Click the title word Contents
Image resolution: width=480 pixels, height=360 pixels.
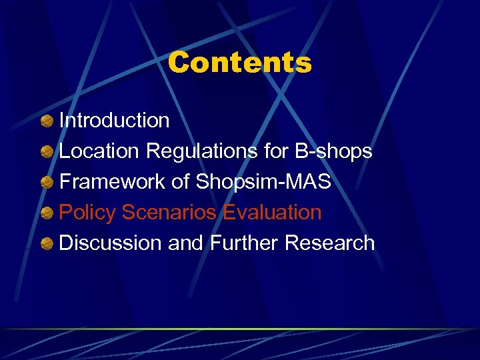tap(239, 63)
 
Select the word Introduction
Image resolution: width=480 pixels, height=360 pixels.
tap(115, 121)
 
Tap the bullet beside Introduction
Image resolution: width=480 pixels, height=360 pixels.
tap(47, 121)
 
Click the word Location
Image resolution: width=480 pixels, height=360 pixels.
tap(100, 151)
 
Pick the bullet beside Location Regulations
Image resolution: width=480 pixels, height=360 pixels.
tap(47, 152)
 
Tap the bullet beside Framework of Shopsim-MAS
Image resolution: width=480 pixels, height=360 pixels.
tap(47, 183)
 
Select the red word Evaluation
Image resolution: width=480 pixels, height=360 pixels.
tap(273, 213)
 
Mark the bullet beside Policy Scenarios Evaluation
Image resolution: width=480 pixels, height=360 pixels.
tap(47, 213)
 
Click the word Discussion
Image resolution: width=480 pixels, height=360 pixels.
tap(111, 243)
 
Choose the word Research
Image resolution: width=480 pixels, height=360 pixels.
tap(330, 243)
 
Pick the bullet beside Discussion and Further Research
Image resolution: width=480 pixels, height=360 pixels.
tap(47, 244)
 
